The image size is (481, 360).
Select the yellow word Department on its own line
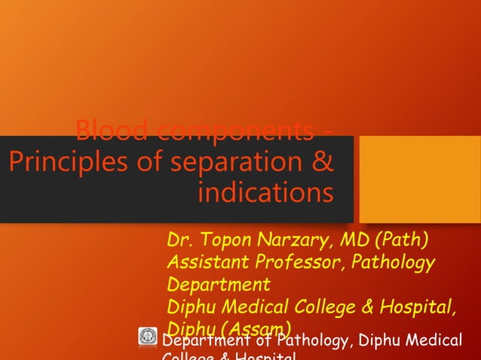(218, 285)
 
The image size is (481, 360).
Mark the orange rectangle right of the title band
(418, 179)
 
